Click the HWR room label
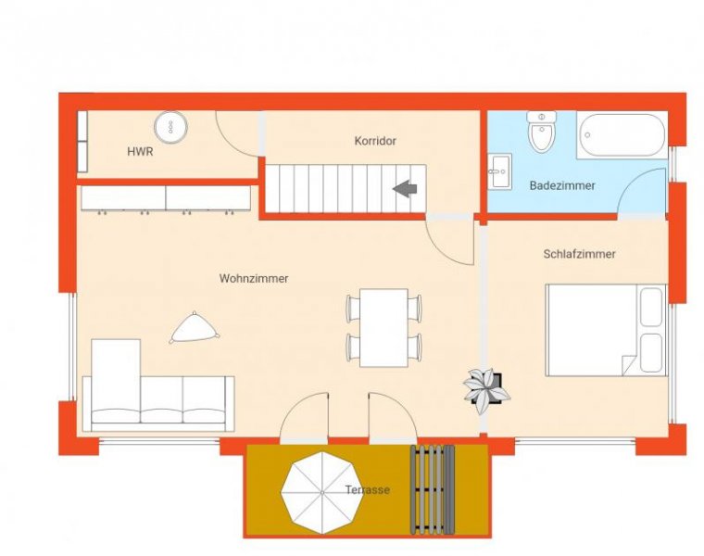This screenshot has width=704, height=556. click(140, 151)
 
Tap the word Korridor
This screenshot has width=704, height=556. click(375, 141)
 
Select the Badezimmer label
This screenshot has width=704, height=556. click(562, 185)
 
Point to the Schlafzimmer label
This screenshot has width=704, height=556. click(580, 253)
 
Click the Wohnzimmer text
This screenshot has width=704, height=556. click(254, 278)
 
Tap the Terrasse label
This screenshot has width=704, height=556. click(368, 489)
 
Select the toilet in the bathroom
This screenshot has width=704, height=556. click(540, 133)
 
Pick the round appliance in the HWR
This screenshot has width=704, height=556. click(170, 125)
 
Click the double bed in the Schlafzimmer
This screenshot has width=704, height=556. click(604, 329)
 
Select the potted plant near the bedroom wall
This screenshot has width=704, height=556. click(485, 385)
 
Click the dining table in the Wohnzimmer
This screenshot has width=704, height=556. click(383, 326)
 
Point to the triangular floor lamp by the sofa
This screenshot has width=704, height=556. click(194, 326)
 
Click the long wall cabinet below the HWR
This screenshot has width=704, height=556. click(166, 197)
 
